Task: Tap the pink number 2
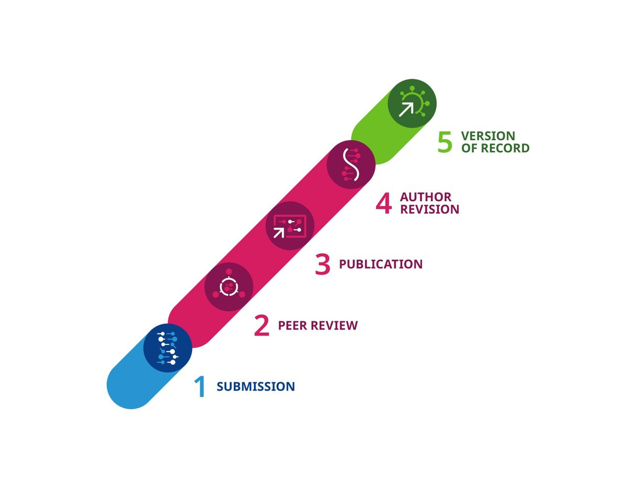[261, 326]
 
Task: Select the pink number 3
[322, 264]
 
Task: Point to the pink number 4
[384, 203]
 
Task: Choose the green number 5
[445, 142]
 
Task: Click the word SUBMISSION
[256, 386]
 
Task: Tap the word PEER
[292, 326]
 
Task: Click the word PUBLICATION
[381, 264]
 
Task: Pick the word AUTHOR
[426, 197]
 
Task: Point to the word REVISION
[429, 210]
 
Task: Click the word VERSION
[488, 136]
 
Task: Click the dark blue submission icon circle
[167, 348]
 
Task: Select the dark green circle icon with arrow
[412, 103]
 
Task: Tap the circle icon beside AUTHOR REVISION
[351, 165]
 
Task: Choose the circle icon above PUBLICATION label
[290, 226]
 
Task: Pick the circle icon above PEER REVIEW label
[229, 287]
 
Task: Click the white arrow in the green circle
[406, 109]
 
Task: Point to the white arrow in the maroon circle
[279, 233]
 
